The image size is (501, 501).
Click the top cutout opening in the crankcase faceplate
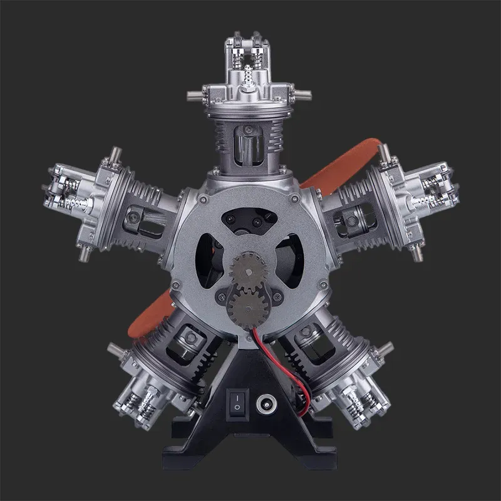pyautogui.click(x=250, y=219)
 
